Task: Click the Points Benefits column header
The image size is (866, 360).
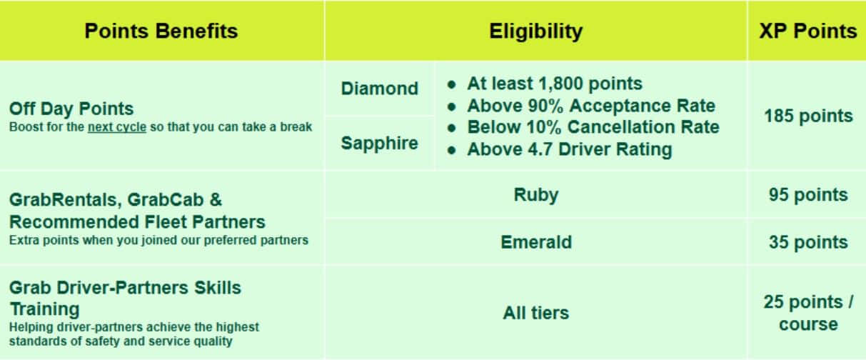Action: click(x=161, y=31)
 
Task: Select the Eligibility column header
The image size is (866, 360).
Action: click(x=536, y=31)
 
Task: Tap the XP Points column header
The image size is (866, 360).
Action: click(x=808, y=31)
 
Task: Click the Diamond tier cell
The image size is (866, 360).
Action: click(x=380, y=89)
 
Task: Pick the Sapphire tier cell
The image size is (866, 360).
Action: click(x=380, y=144)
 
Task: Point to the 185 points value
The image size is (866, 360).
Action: click(x=808, y=116)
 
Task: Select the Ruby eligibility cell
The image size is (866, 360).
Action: click(x=536, y=195)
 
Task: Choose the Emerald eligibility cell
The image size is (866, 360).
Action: click(x=536, y=242)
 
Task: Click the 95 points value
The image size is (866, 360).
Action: click(x=808, y=195)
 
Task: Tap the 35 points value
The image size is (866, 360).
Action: click(x=808, y=242)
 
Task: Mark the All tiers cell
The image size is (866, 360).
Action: click(x=536, y=313)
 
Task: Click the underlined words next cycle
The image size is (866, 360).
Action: click(x=117, y=127)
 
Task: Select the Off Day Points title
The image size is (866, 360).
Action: click(x=71, y=109)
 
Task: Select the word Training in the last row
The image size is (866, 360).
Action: click(x=45, y=309)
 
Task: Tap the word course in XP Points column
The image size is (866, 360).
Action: click(x=808, y=324)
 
